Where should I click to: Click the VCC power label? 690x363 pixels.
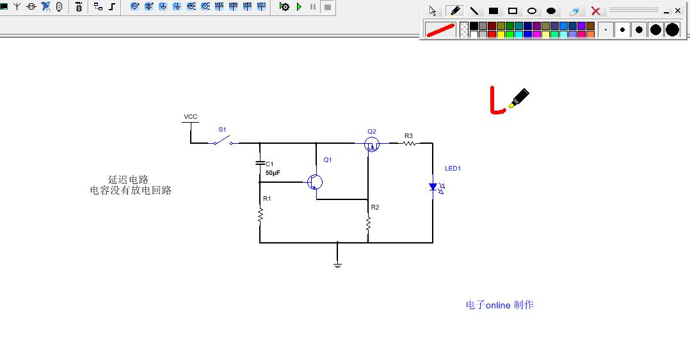pyautogui.click(x=191, y=117)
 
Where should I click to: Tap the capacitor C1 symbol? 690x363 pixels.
pyautogui.click(x=260, y=163)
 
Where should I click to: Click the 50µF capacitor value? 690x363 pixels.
pyautogui.click(x=273, y=173)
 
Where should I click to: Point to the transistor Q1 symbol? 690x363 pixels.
pyautogui.click(x=314, y=182)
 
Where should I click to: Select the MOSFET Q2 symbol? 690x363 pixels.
pyautogui.click(x=372, y=145)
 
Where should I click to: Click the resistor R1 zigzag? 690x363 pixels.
pyautogui.click(x=260, y=216)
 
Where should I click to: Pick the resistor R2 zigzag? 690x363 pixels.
pyautogui.click(x=368, y=223)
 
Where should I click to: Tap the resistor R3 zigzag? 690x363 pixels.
pyautogui.click(x=409, y=144)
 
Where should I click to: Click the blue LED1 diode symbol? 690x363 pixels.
pyautogui.click(x=433, y=187)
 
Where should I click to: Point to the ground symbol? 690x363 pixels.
pyautogui.click(x=337, y=264)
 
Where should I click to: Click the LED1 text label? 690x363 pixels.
pyautogui.click(x=453, y=169)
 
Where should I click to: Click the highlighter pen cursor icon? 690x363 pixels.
pyautogui.click(x=519, y=98)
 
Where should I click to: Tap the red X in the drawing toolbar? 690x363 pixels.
pyautogui.click(x=595, y=11)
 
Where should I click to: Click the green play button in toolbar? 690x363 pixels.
pyautogui.click(x=299, y=7)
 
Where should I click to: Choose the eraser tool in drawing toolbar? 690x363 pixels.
pyautogui.click(x=574, y=11)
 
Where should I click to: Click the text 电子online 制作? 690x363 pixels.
pyautogui.click(x=499, y=305)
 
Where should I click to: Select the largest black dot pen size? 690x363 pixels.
pyautogui.click(x=671, y=29)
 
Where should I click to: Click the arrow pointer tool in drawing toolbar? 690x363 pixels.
pyautogui.click(x=433, y=11)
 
